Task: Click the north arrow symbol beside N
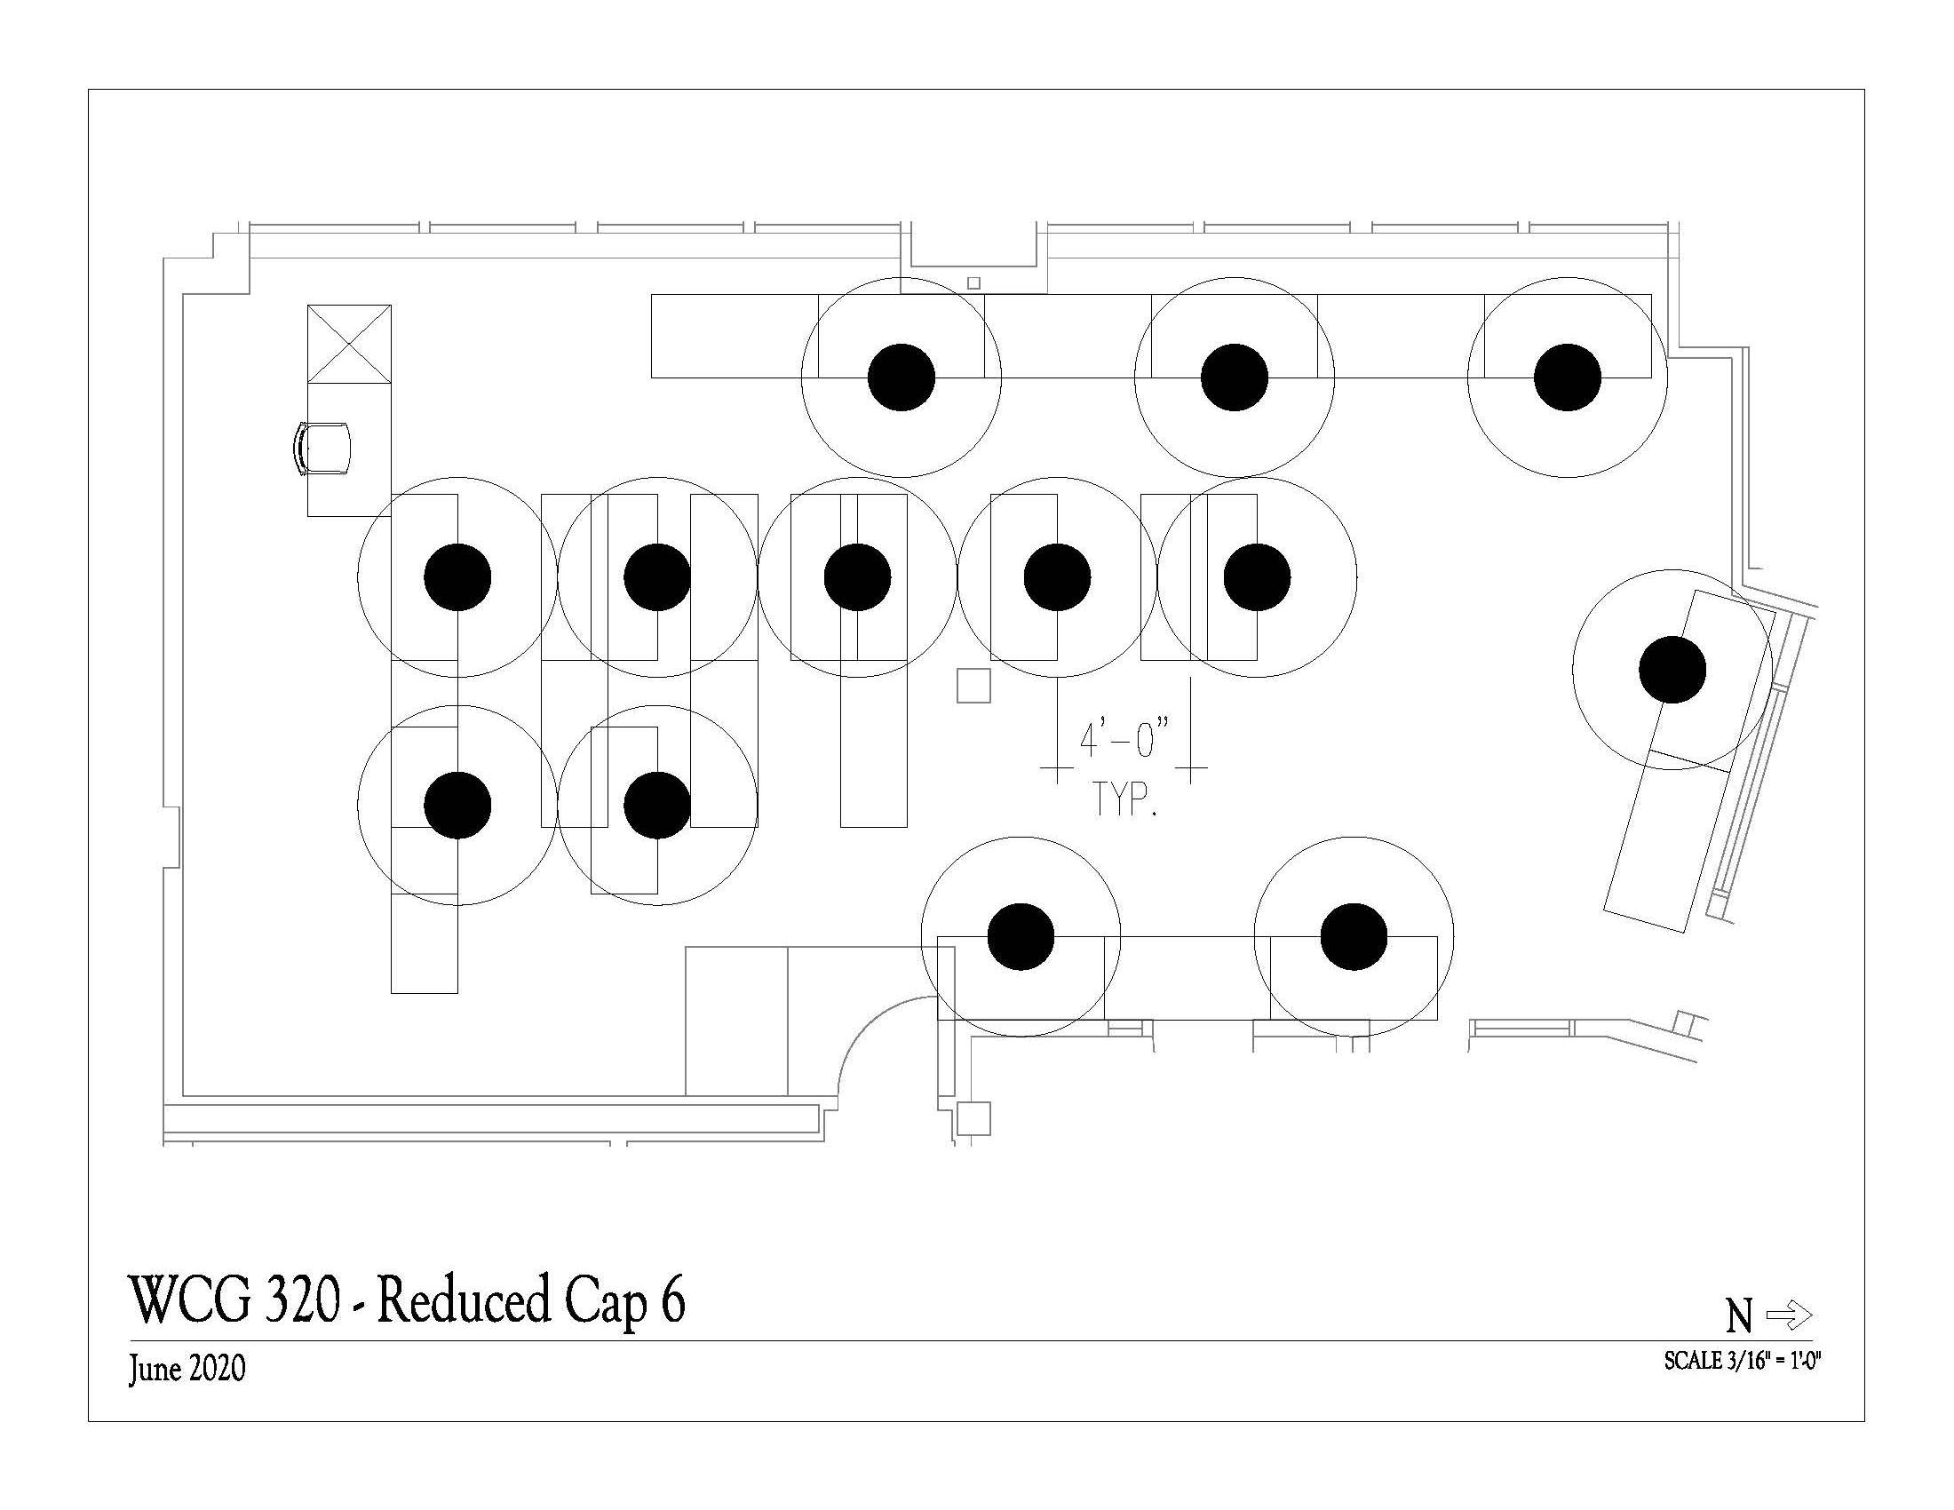pyautogui.click(x=1790, y=1315)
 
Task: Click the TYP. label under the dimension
pyautogui.click(x=1124, y=799)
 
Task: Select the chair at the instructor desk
pyautogui.click(x=322, y=449)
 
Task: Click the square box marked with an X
pyautogui.click(x=349, y=345)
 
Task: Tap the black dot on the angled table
pyautogui.click(x=1672, y=669)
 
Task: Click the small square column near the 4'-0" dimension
pyautogui.click(x=973, y=685)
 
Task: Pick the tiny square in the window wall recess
pyautogui.click(x=973, y=282)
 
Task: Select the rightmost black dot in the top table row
pyautogui.click(x=1567, y=377)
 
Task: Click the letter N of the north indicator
pyautogui.click(x=1737, y=1315)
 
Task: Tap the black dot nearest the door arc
pyautogui.click(x=1021, y=936)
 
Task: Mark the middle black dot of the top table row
pyautogui.click(x=1234, y=377)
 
